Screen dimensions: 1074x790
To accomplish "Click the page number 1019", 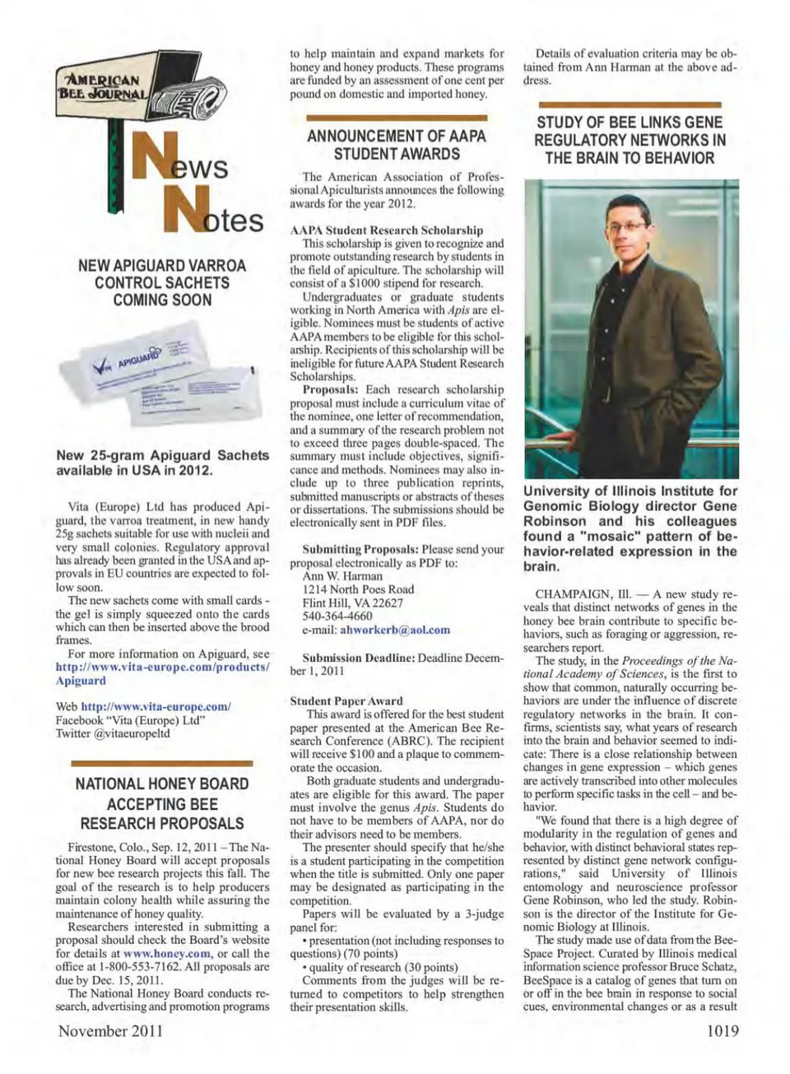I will point(722,1030).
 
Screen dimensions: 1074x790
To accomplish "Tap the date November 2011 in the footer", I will point(110,1030).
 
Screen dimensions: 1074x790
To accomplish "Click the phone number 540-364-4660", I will point(337,616).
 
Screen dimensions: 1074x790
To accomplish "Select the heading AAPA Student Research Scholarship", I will point(387,230).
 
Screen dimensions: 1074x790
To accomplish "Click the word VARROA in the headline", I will point(217,266).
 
